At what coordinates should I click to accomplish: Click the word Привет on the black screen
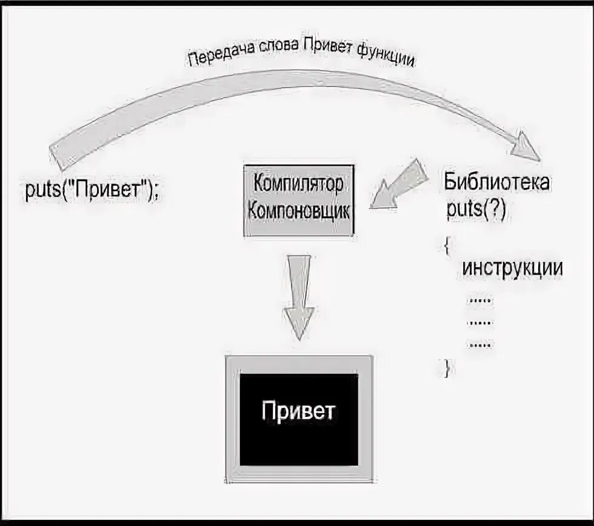(x=298, y=411)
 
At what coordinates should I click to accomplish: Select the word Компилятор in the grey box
(x=298, y=182)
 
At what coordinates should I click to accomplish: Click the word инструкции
(x=512, y=268)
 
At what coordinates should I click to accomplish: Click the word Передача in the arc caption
(x=216, y=58)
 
